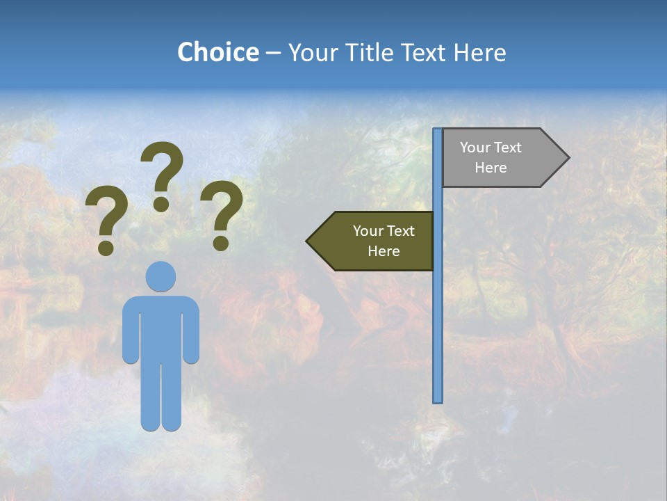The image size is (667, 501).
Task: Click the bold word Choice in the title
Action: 217,52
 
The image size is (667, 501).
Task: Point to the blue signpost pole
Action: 438,313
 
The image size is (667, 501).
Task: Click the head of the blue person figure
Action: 161,276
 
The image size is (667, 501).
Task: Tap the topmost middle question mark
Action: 162,170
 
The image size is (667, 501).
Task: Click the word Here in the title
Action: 479,52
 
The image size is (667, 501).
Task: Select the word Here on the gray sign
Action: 491,168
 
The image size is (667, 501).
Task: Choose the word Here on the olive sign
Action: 384,251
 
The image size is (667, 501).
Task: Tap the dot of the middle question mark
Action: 161,204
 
